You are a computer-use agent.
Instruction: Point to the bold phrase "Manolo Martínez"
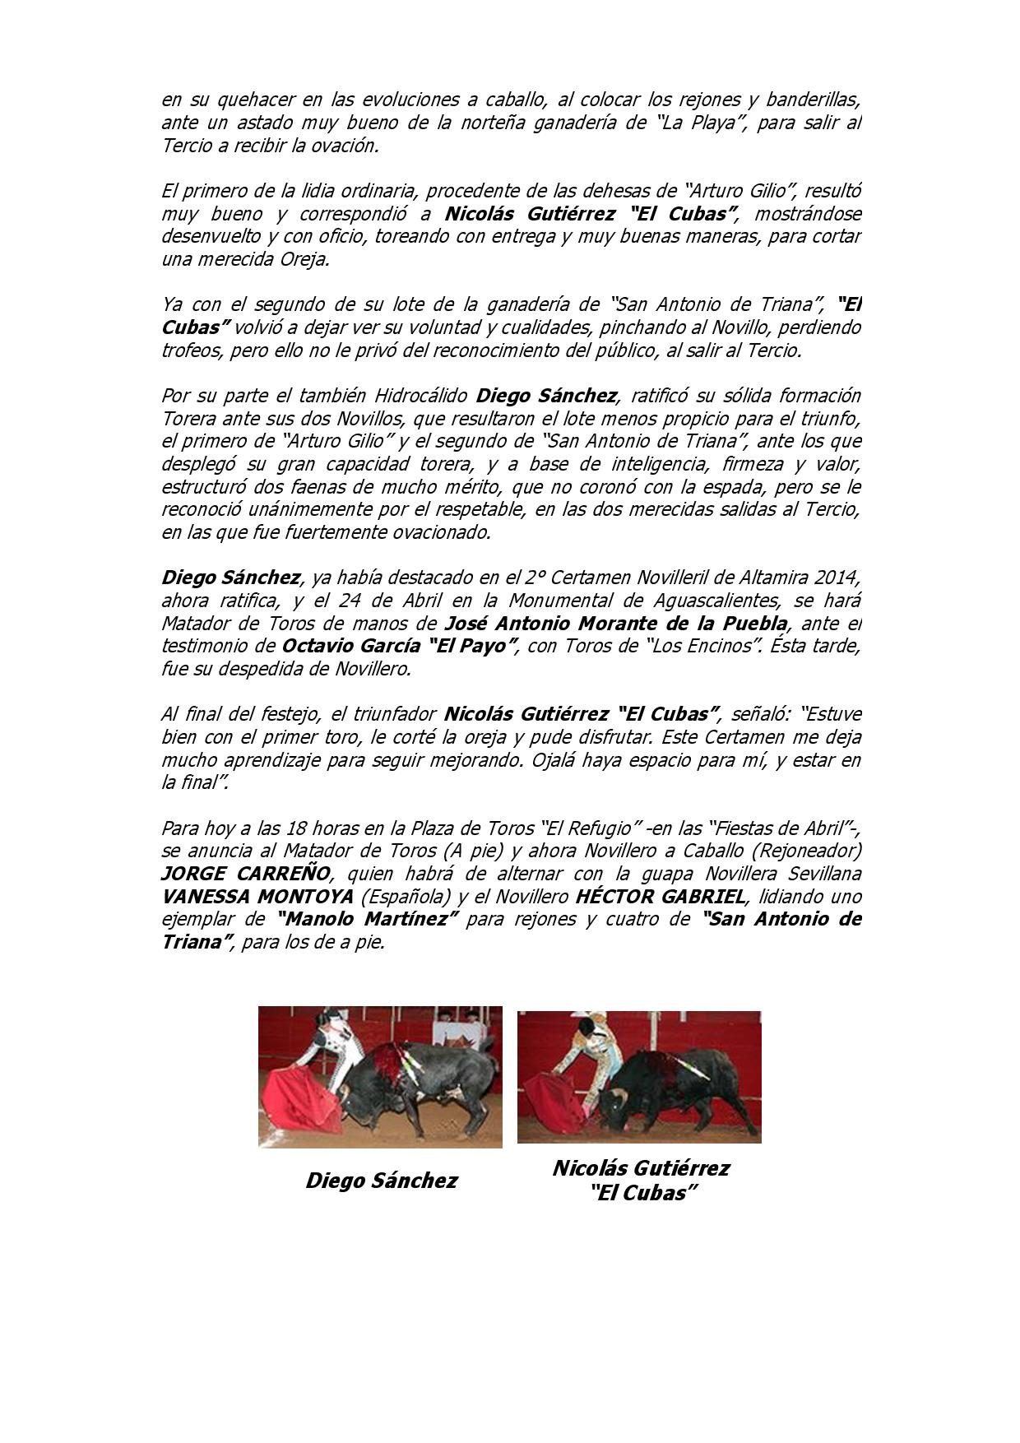(x=368, y=919)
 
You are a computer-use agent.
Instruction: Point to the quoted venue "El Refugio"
(x=590, y=827)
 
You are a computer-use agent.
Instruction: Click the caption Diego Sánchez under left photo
(x=382, y=1181)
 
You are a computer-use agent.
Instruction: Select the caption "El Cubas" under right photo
(x=640, y=1193)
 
